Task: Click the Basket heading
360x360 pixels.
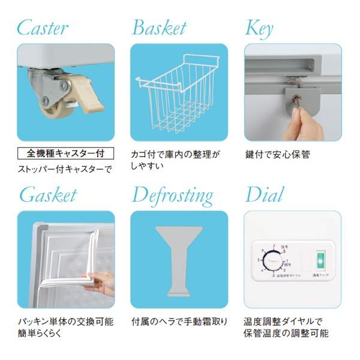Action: click(158, 28)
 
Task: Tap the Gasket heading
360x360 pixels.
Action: click(48, 195)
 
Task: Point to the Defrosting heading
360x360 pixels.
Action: click(172, 196)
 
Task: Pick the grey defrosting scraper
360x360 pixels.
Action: click(178, 258)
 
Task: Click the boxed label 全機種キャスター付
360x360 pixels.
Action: click(65, 154)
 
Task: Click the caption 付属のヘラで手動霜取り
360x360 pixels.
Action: click(179, 322)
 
